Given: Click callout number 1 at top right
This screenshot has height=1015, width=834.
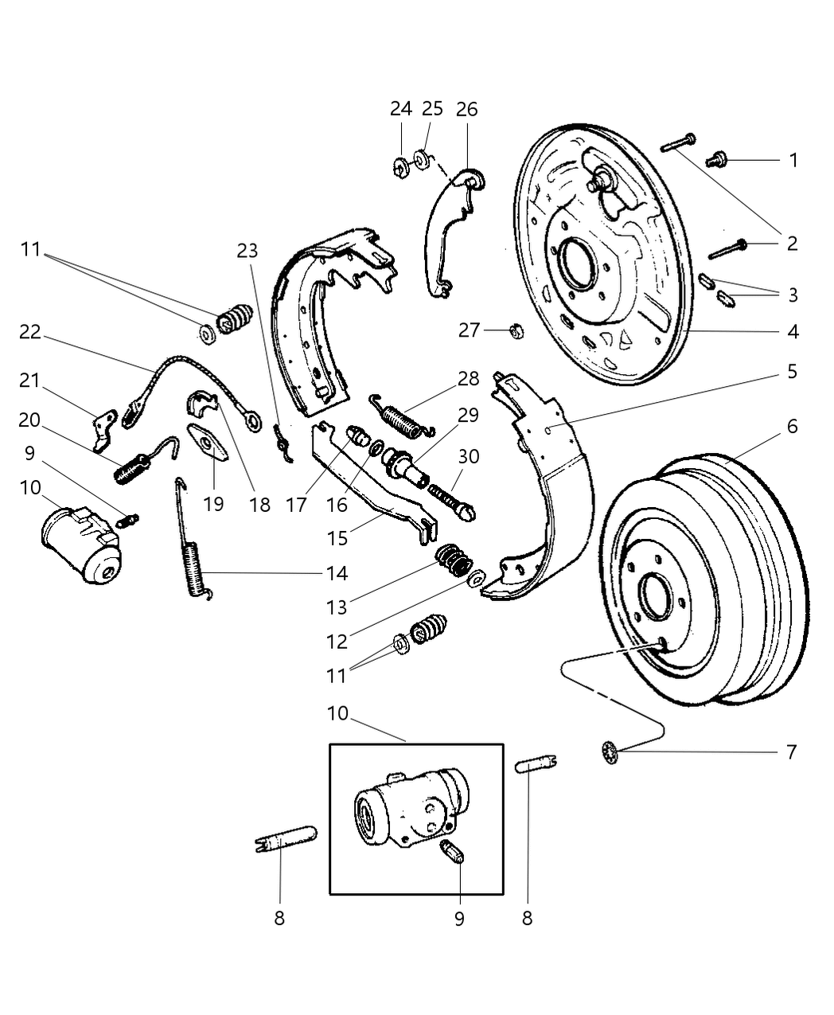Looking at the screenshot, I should [793, 160].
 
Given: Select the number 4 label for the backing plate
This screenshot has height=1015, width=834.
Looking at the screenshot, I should [793, 331].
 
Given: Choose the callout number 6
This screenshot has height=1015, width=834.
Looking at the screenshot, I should [792, 427].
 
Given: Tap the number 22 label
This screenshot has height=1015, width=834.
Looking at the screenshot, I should [29, 331].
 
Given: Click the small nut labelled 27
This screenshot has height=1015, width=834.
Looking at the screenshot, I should [515, 329].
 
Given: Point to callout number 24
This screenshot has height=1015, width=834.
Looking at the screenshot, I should [401, 109].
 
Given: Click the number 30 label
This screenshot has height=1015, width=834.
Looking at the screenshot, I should [469, 457].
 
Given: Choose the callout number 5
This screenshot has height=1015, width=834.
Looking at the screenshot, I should [792, 372].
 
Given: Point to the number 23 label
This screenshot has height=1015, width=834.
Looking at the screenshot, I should [247, 251].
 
